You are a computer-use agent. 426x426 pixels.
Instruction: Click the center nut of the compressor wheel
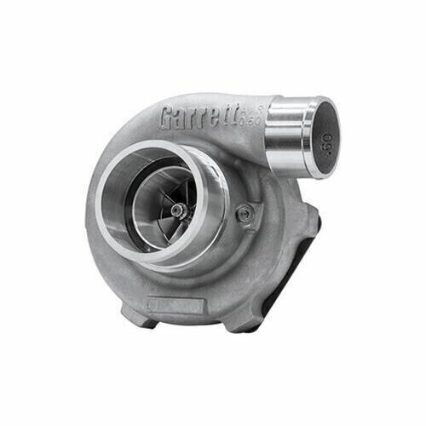176,210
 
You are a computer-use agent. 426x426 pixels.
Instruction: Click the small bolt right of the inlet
245,214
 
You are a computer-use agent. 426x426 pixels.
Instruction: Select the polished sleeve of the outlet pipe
285,128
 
